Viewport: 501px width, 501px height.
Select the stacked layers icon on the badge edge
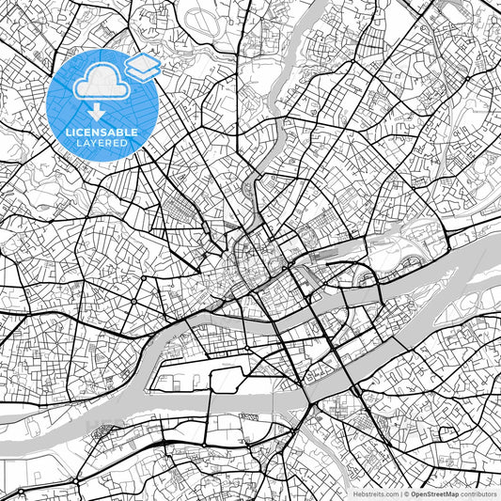pyautogui.click(x=143, y=68)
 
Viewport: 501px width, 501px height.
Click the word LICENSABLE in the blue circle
pyautogui.click(x=102, y=133)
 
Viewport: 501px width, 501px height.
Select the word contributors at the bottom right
pyautogui.click(x=476, y=493)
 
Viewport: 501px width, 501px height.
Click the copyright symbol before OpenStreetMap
pyautogui.click(x=405, y=493)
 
